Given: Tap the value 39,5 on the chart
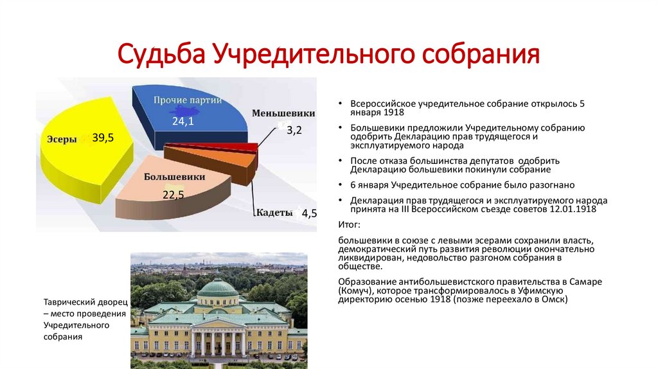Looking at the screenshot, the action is click(x=103, y=138).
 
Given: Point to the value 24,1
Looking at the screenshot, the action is click(x=183, y=122).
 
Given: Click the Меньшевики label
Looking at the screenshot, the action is click(x=283, y=113).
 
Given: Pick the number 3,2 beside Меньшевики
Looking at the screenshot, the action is click(x=294, y=130).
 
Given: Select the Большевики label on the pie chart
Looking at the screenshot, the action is click(x=175, y=177).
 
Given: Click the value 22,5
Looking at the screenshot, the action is click(x=173, y=195).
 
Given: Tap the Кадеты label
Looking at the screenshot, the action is click(x=274, y=212).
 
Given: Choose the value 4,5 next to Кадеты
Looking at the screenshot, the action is click(x=309, y=213).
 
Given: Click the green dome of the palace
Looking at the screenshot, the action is click(x=218, y=287).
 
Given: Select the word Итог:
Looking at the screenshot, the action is click(x=349, y=224).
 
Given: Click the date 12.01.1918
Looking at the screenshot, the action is click(x=573, y=209).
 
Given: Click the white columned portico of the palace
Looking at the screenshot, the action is click(x=218, y=342).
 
